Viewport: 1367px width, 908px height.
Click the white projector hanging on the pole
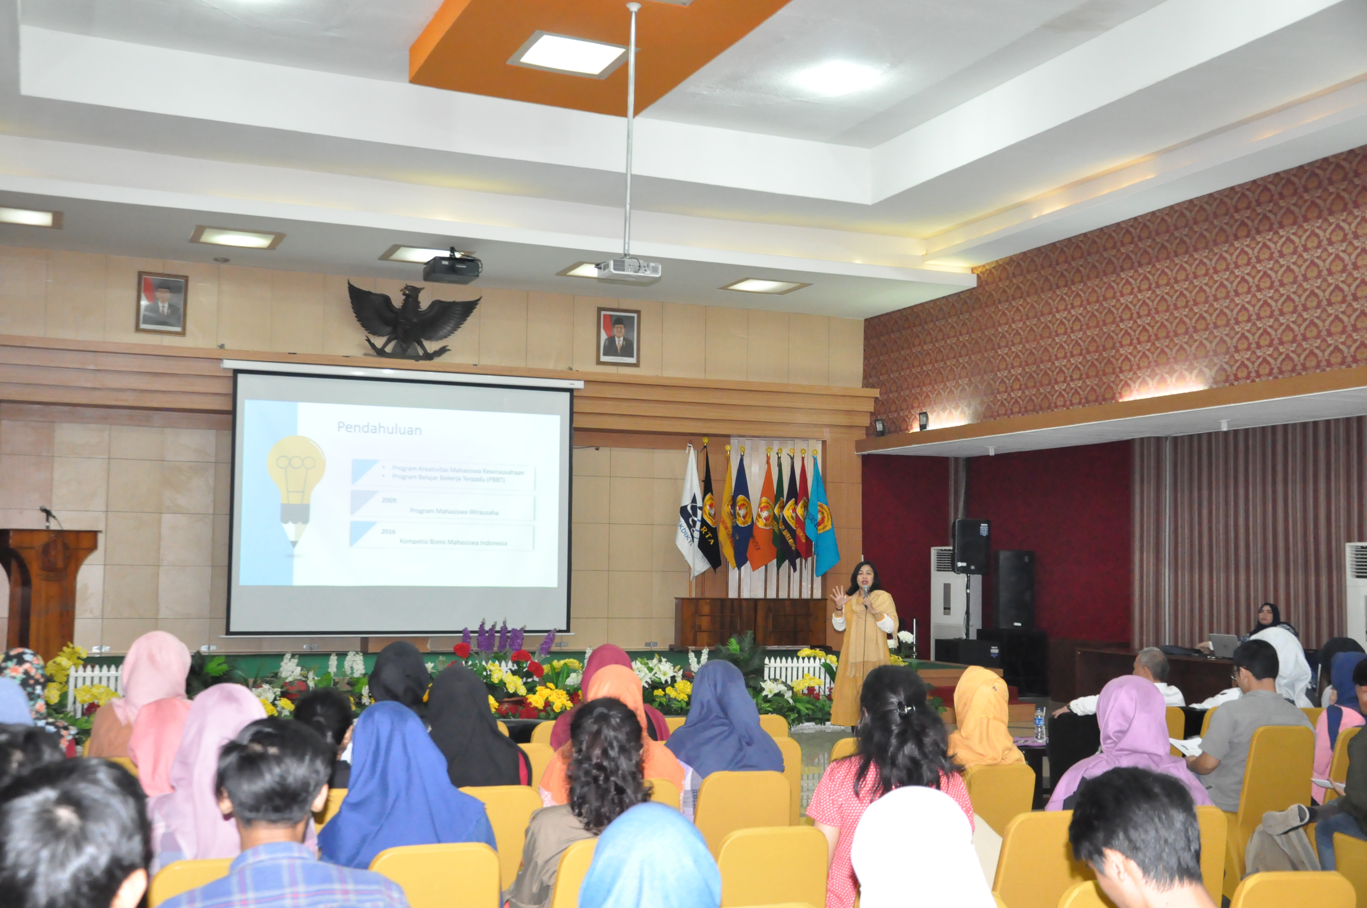point(628,269)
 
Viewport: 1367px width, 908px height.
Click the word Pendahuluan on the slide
point(379,429)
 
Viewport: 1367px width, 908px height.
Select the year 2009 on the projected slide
point(389,500)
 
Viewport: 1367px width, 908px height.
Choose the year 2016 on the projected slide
point(388,531)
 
